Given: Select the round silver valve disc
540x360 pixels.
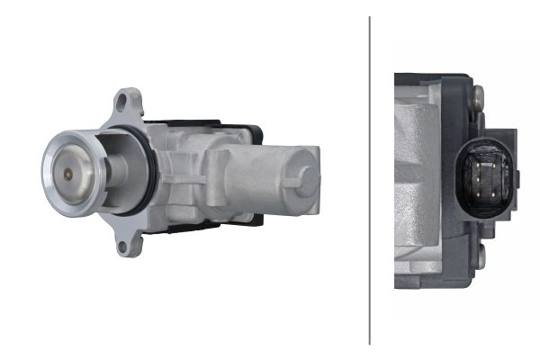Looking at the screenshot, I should tap(73, 169).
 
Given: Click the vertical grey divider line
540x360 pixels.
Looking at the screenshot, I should tap(370, 180).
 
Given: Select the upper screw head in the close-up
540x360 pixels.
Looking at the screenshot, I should tap(478, 93).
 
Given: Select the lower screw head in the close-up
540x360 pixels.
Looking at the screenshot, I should tap(480, 258).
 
